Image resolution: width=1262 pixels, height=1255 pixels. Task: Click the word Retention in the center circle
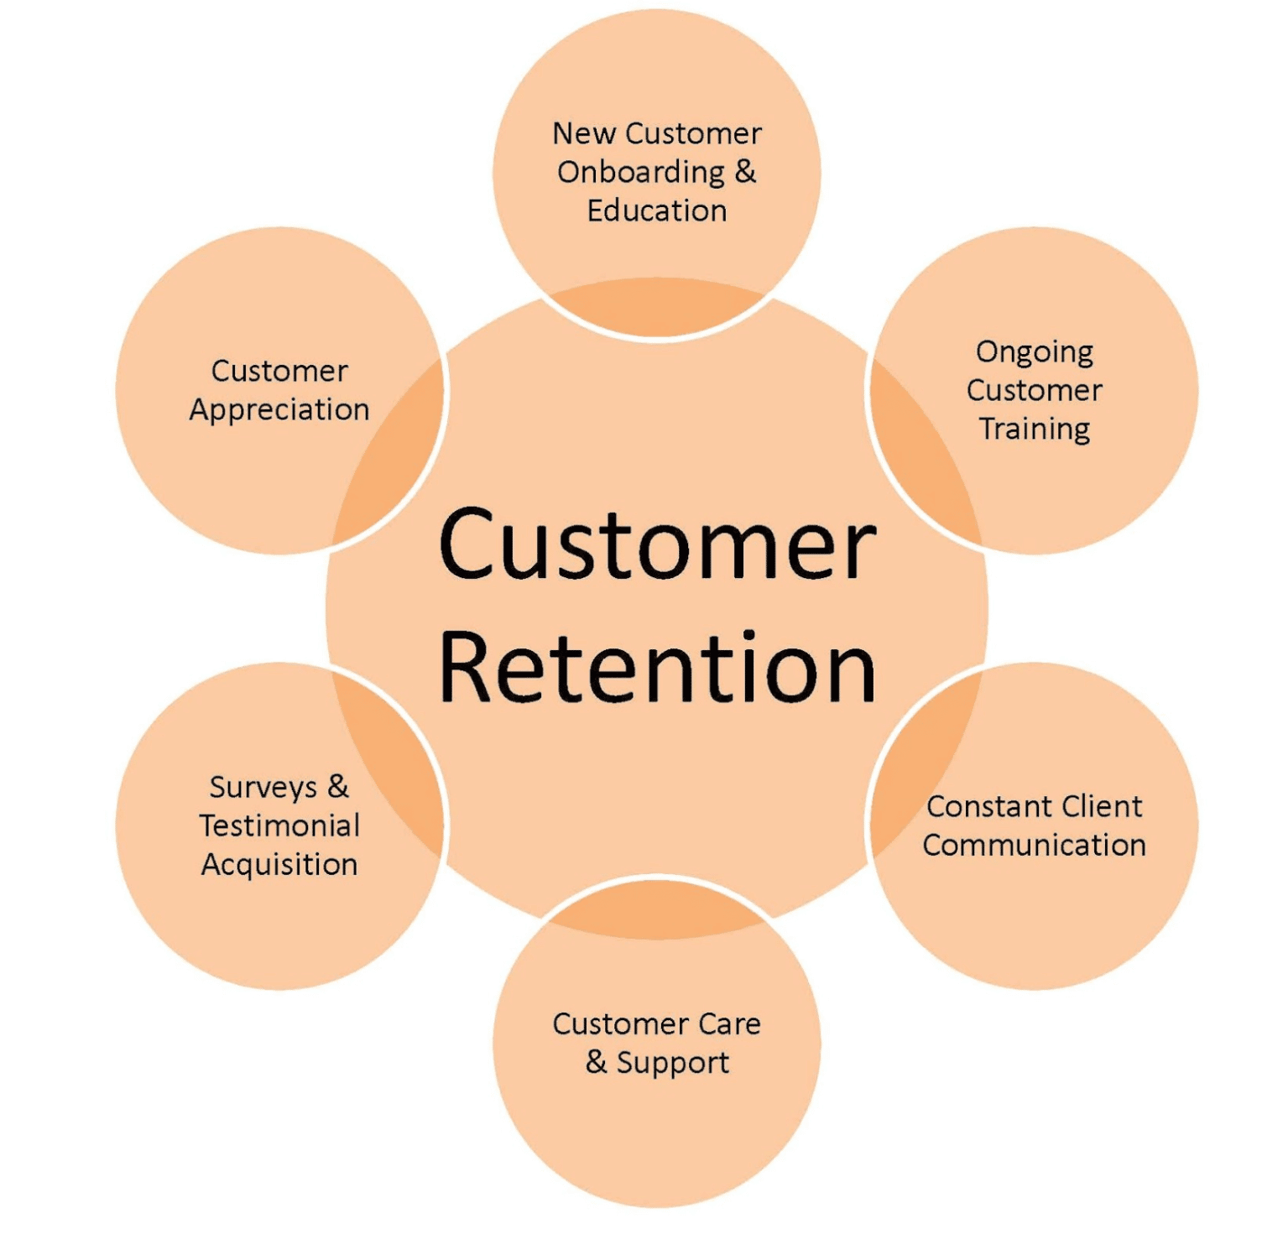(657, 668)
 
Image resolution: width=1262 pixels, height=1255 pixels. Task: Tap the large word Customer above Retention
(657, 544)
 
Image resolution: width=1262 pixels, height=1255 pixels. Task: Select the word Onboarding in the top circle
(640, 173)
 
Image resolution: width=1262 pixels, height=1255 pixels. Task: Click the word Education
(656, 211)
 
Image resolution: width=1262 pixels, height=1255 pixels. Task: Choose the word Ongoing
(1034, 352)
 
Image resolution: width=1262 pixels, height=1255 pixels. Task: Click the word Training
(1034, 429)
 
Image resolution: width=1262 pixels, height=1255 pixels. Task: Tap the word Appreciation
(279, 409)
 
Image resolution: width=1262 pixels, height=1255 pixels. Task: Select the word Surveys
(263, 788)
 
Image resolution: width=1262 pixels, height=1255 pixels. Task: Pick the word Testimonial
(279, 825)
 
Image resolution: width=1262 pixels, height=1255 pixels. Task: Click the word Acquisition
(279, 865)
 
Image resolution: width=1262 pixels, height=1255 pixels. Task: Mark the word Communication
(1034, 845)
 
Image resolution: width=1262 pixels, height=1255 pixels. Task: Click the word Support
(673, 1063)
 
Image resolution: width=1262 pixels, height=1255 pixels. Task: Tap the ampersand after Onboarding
(745, 172)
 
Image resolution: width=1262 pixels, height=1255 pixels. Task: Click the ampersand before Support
(596, 1061)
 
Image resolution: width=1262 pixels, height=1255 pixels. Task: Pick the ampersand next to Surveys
(337, 787)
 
